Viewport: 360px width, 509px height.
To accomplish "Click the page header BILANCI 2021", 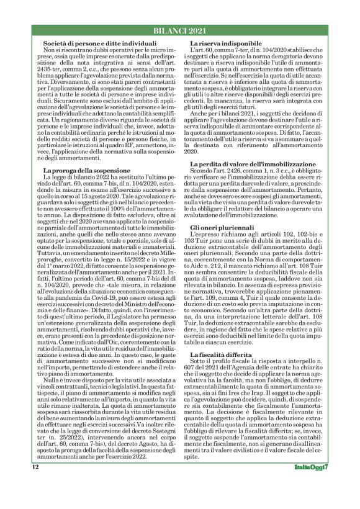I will [179, 31].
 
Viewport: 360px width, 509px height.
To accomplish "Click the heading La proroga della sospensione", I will [81, 169].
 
